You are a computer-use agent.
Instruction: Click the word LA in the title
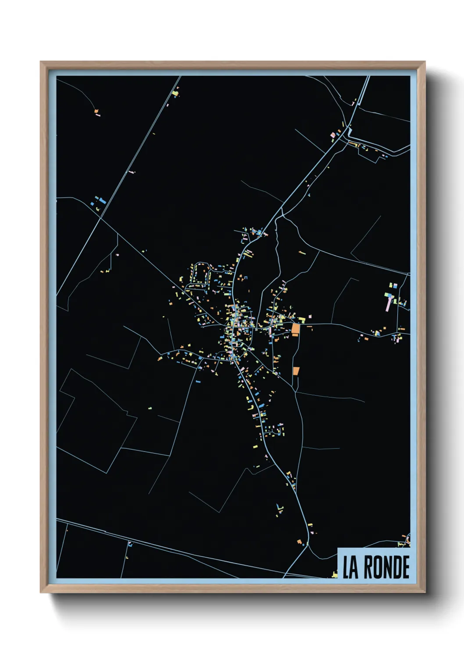click(350, 567)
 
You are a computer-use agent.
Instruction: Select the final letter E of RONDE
click(405, 567)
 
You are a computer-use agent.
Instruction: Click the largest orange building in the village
click(296, 329)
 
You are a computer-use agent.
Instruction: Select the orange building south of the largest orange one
click(296, 371)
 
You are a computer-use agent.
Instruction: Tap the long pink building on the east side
click(388, 303)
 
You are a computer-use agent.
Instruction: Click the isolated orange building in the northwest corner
click(96, 112)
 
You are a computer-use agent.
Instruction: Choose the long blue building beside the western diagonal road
click(103, 201)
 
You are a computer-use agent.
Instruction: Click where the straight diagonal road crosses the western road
click(101, 218)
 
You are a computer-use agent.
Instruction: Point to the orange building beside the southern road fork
click(300, 542)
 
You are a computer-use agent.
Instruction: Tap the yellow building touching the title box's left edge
click(335, 574)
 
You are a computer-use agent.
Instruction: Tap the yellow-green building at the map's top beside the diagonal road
click(175, 93)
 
